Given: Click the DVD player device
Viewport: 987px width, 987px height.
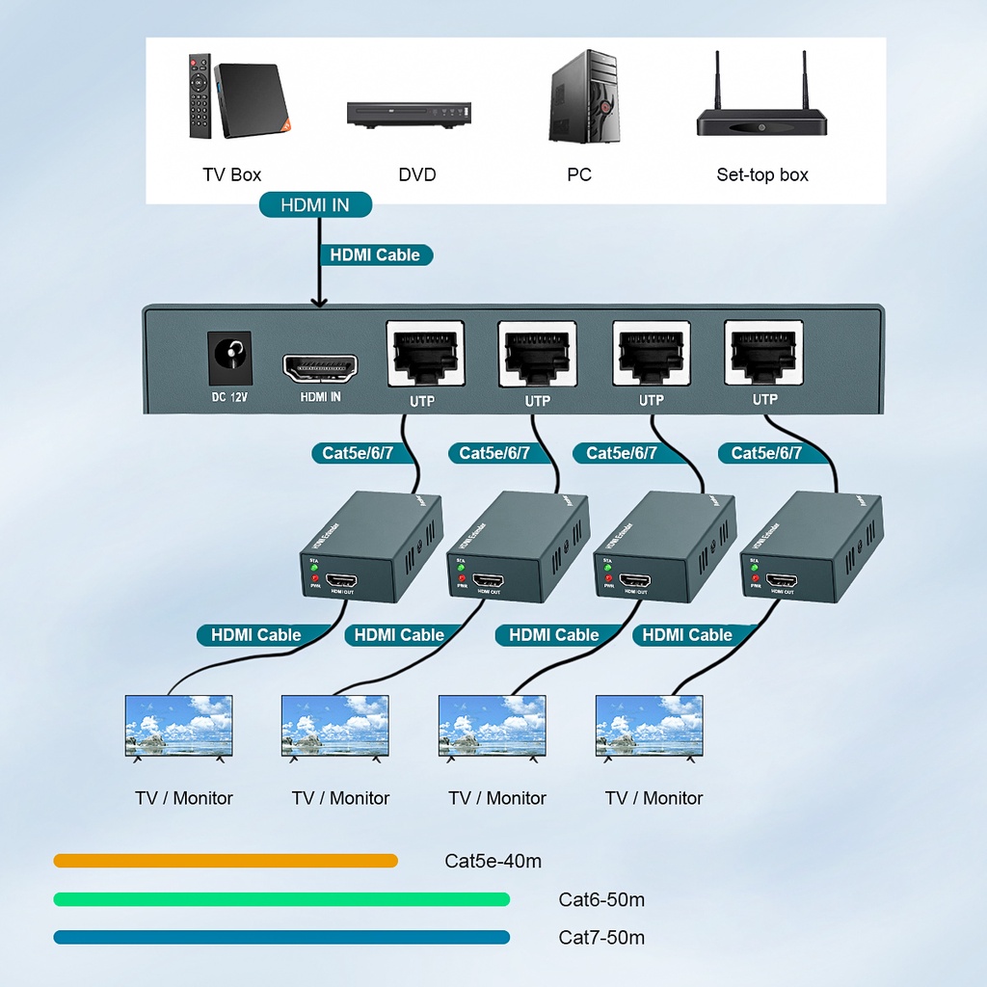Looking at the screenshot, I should [x=411, y=114].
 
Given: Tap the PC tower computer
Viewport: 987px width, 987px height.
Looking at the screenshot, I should [x=583, y=96].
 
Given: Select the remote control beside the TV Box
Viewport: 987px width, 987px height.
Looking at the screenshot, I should [x=200, y=95].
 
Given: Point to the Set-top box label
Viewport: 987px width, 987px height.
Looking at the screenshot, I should [x=761, y=174].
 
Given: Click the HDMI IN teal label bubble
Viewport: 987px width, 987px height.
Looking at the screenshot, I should [x=315, y=204].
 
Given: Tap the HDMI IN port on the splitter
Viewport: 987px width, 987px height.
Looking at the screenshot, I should [x=320, y=368].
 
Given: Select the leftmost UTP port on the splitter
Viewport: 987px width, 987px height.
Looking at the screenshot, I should [x=424, y=355].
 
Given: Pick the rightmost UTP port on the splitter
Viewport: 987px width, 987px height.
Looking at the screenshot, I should [x=763, y=355].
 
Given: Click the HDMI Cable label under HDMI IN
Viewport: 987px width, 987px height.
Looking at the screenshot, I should [x=375, y=254].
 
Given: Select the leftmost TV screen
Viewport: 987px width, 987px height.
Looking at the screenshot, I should [x=179, y=725].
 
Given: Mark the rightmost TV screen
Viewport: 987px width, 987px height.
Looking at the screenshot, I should [x=649, y=725].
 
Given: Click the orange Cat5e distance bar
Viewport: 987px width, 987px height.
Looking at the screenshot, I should [x=226, y=861].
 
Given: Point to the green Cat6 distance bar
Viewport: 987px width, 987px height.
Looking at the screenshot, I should [x=281, y=899].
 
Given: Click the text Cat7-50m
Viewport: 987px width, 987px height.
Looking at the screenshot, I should [x=601, y=938].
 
